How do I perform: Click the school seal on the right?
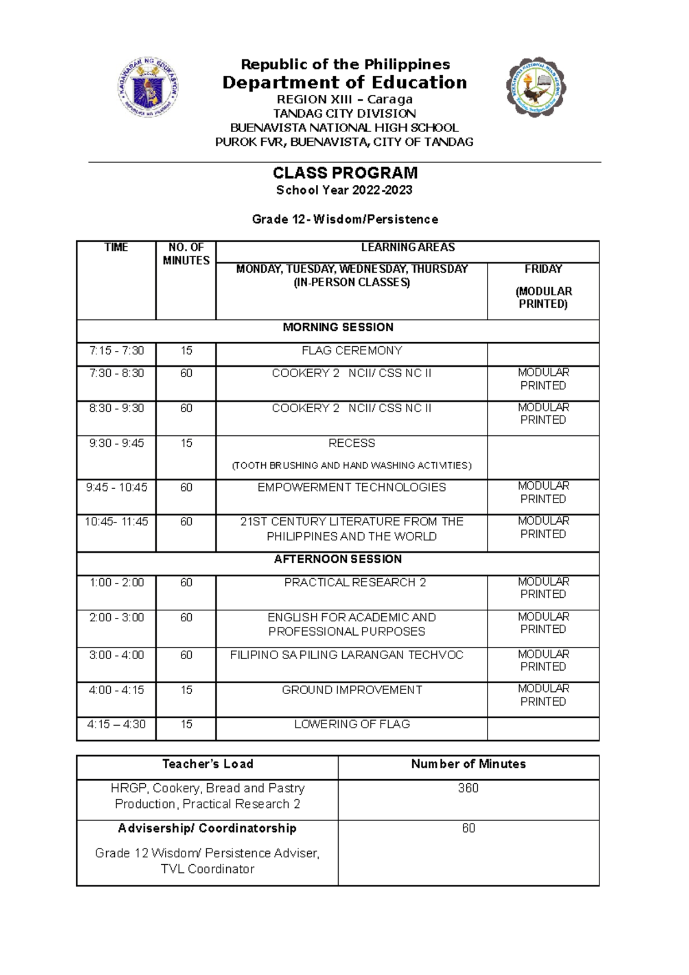(x=536, y=87)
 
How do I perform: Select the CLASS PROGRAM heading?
(x=344, y=173)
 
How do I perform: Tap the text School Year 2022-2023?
(x=344, y=190)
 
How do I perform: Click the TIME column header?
(x=116, y=247)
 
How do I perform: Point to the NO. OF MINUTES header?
(x=186, y=254)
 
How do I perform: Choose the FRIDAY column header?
(x=543, y=269)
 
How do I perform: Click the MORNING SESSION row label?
(x=338, y=327)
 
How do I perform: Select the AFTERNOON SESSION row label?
(x=338, y=559)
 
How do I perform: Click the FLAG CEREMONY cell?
(x=351, y=351)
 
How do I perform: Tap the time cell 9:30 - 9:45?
(x=116, y=443)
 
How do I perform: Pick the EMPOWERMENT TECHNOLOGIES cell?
(x=351, y=487)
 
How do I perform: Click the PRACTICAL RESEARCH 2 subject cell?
(x=355, y=583)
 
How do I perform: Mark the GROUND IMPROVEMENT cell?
(x=351, y=690)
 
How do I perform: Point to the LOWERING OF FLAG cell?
(x=351, y=725)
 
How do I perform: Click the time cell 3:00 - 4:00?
(x=116, y=655)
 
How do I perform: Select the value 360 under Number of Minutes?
(x=468, y=788)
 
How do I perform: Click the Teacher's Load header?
(x=207, y=764)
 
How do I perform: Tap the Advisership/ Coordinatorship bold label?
(x=207, y=829)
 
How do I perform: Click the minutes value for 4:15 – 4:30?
(x=186, y=725)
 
